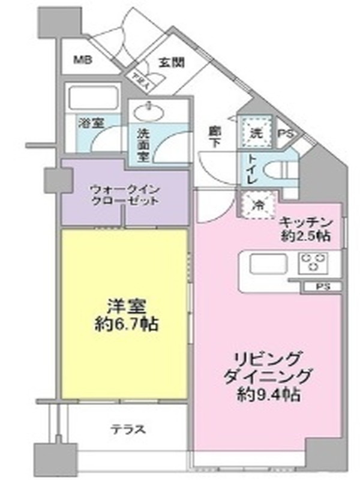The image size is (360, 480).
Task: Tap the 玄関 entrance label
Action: (172, 61)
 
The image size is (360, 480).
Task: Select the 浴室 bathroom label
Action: (91, 122)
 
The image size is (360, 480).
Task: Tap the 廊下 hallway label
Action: (214, 136)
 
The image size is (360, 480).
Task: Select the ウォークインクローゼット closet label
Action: (125, 194)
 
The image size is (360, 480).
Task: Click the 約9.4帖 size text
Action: (269, 395)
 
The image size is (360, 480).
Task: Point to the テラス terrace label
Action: (127, 430)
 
